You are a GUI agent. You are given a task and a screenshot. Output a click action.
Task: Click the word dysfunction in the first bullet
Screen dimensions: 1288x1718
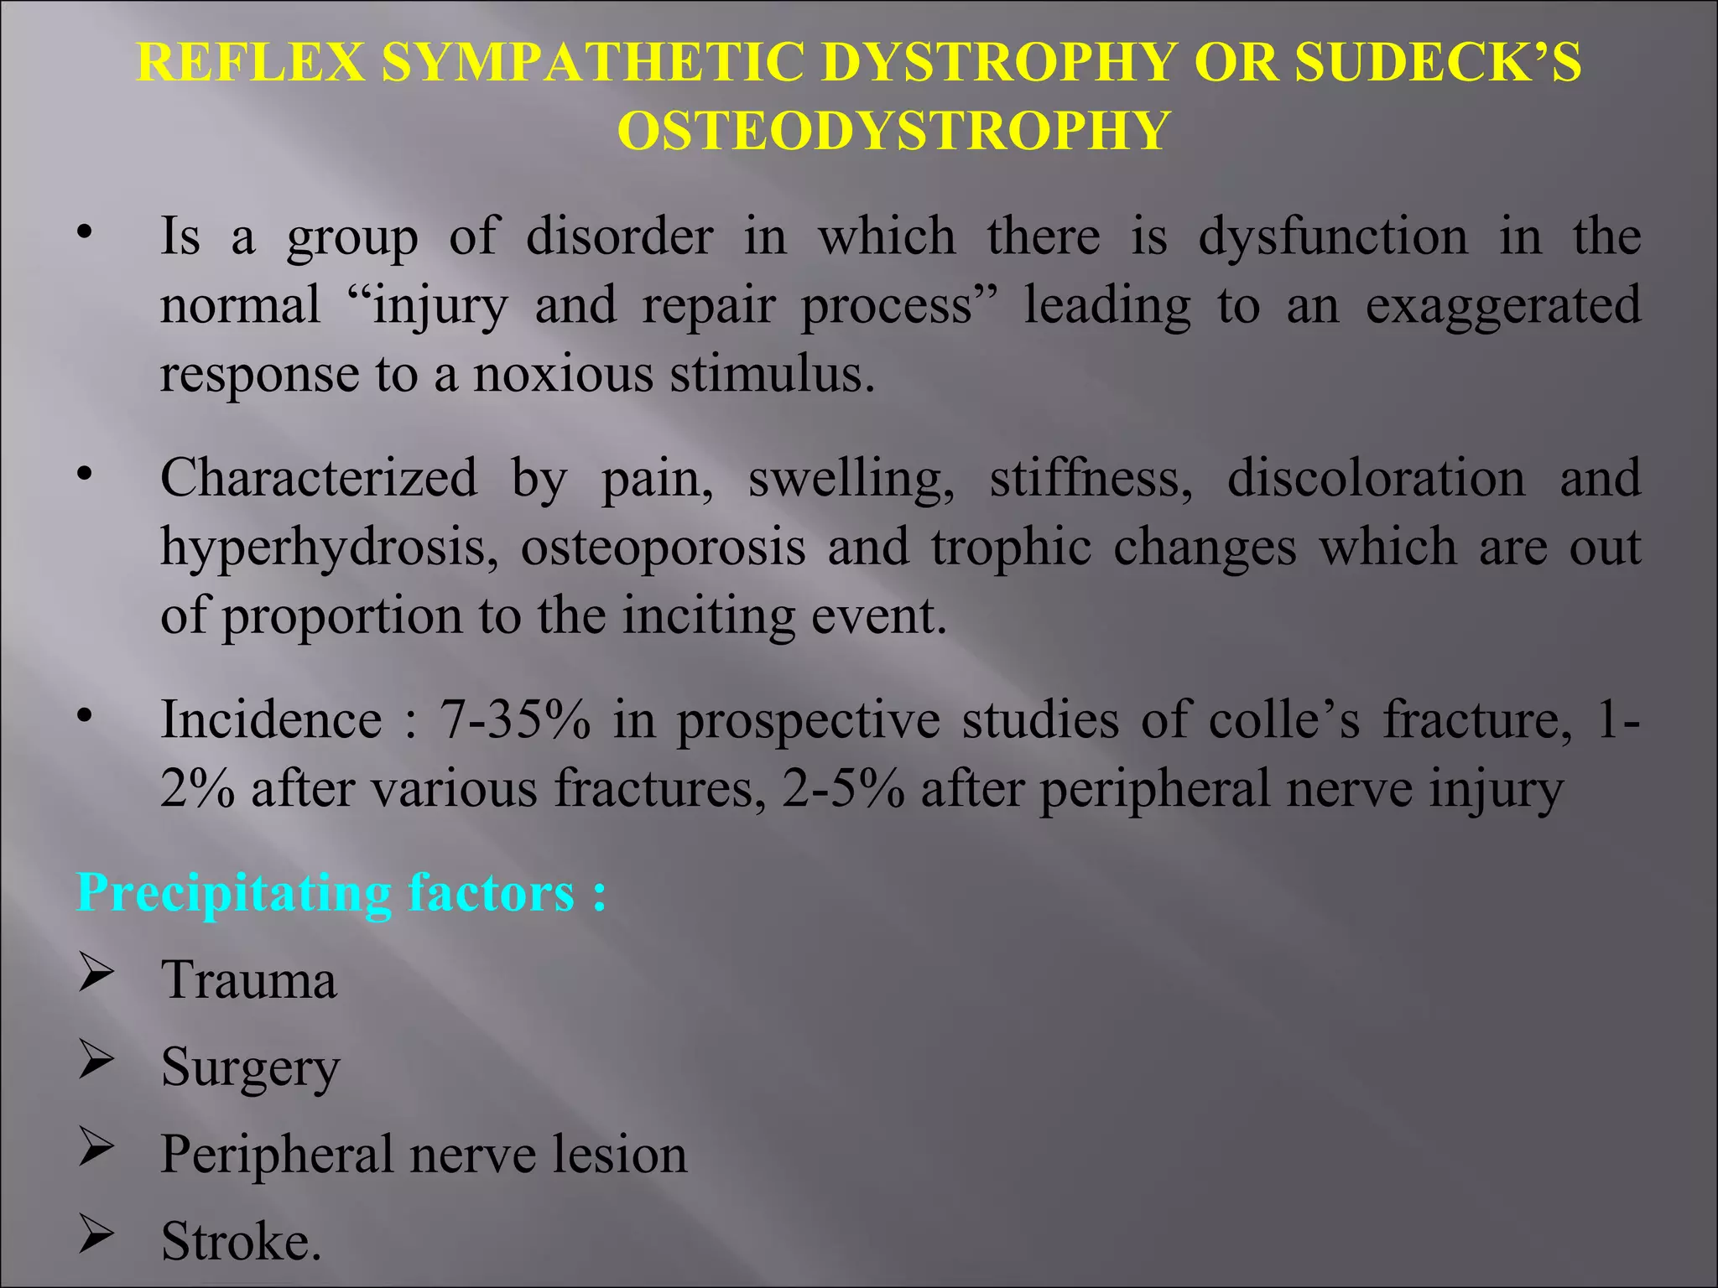[1333, 237]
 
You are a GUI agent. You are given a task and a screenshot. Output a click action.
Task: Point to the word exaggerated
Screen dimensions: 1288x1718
[1502, 306]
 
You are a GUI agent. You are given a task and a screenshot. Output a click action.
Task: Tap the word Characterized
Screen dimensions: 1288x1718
[319, 479]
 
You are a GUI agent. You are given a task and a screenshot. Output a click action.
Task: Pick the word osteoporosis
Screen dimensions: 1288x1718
[663, 548]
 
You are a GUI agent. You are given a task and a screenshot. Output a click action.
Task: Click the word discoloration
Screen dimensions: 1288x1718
[1376, 479]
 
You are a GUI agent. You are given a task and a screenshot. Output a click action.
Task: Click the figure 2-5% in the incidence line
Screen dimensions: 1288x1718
[843, 789]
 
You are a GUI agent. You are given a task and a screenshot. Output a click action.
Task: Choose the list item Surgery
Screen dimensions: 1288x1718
[251, 1068]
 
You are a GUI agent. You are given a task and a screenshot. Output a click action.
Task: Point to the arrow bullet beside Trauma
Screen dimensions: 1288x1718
[96, 975]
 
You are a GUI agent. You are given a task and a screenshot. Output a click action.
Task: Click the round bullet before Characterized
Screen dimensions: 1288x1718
[83, 475]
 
